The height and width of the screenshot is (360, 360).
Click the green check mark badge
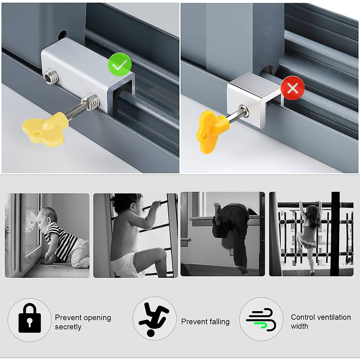click(x=119, y=64)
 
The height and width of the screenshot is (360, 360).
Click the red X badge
click(x=292, y=88)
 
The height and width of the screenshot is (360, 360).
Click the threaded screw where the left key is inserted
click(x=91, y=100)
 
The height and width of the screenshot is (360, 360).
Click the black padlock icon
click(x=29, y=319)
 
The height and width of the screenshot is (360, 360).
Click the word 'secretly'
click(x=68, y=327)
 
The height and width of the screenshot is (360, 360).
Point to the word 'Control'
click(x=302, y=317)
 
